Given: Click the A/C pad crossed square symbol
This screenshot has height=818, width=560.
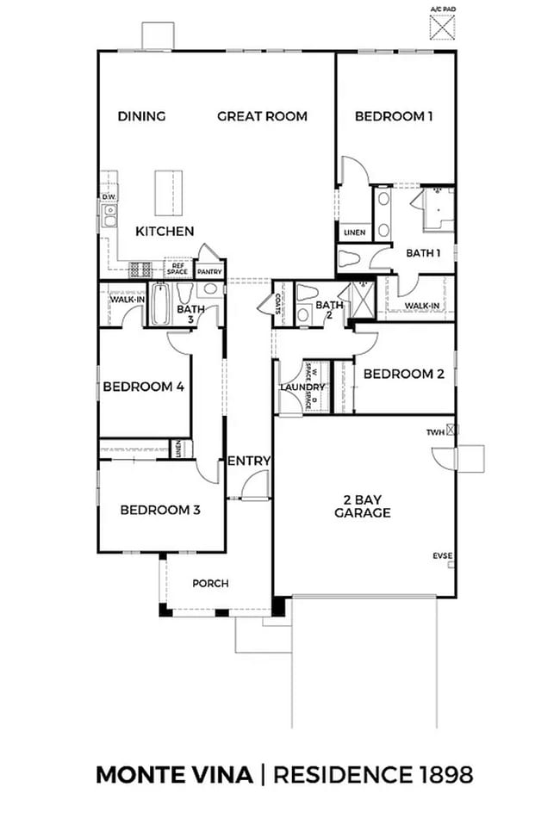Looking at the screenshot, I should pyautogui.click(x=442, y=28).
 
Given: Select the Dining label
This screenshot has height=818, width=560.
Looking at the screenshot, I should pyautogui.click(x=141, y=116).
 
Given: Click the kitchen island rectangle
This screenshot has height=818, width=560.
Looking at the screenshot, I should pyautogui.click(x=169, y=193).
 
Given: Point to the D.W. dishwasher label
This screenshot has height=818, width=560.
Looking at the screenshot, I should pyautogui.click(x=109, y=197).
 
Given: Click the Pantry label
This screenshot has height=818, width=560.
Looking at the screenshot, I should pyautogui.click(x=209, y=272).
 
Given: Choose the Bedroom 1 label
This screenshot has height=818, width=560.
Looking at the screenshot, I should pyautogui.click(x=394, y=116).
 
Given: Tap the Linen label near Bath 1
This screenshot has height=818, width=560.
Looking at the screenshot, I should pyautogui.click(x=354, y=232).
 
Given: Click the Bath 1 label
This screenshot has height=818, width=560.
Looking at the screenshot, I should pyautogui.click(x=423, y=253).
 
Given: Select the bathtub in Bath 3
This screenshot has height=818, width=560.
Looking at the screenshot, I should pyautogui.click(x=161, y=305).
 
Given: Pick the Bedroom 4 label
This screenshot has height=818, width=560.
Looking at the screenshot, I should pyautogui.click(x=144, y=387).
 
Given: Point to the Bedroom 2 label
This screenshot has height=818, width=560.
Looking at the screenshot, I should pyautogui.click(x=403, y=374).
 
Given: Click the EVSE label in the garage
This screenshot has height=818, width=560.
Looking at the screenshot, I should pyautogui.click(x=442, y=556).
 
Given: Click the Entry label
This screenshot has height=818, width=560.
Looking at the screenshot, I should pyautogui.click(x=249, y=462).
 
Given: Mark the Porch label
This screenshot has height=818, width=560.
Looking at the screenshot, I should pyautogui.click(x=210, y=583).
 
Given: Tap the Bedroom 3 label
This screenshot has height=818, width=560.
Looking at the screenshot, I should pyautogui.click(x=160, y=510).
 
